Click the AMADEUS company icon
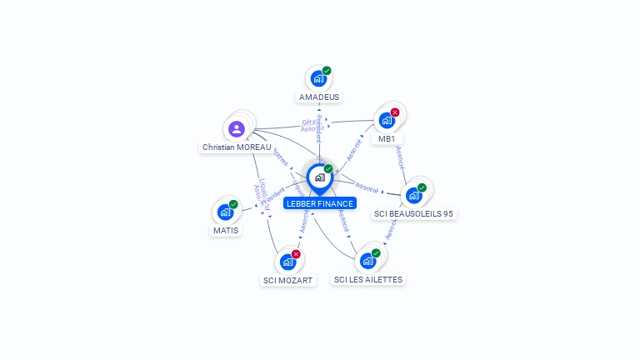317,78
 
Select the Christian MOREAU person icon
236,129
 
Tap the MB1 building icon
387,120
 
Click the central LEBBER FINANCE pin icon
319,177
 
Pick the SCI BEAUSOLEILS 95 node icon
414,195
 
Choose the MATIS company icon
225,212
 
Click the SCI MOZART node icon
287,262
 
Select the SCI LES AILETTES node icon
367,261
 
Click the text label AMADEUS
319,97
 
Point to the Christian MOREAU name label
237,147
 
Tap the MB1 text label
387,139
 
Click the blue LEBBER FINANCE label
319,203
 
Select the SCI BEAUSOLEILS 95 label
414,214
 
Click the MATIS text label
225,231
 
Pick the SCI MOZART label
287,281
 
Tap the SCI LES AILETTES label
367,280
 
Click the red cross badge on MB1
395,112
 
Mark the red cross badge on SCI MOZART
296,254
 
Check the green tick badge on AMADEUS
327,71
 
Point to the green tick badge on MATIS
233,204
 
